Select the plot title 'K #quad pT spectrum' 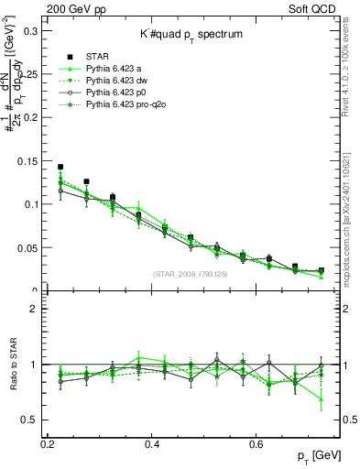coord(191,34)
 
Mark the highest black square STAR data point coord(60,168)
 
